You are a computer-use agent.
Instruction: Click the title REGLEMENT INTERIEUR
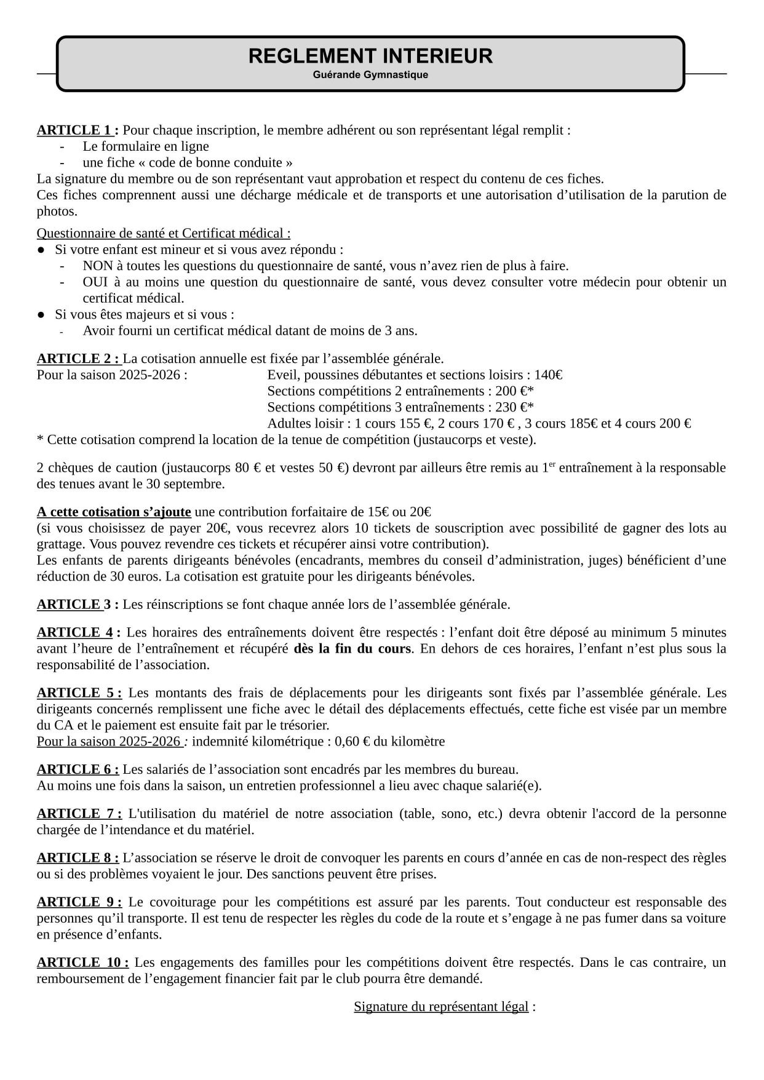coord(370,56)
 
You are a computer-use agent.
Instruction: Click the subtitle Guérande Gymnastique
coord(370,75)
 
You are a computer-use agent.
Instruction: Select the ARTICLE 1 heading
coord(78,130)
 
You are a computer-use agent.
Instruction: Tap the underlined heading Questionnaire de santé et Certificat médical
coord(164,234)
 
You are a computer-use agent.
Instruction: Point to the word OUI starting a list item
coord(95,282)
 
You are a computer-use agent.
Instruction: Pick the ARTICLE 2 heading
coord(78,359)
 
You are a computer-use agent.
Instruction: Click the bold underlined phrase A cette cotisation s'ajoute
coord(114,512)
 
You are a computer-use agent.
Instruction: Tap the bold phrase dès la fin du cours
coord(352,649)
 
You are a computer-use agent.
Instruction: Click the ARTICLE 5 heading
coord(79,693)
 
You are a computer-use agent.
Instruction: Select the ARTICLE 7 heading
coord(79,814)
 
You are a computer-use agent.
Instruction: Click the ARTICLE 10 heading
coord(82,963)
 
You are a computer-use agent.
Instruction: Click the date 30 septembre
coord(185,484)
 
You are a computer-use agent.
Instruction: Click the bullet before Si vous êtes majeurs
coord(41,314)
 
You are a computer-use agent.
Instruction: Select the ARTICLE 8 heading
coord(78,858)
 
